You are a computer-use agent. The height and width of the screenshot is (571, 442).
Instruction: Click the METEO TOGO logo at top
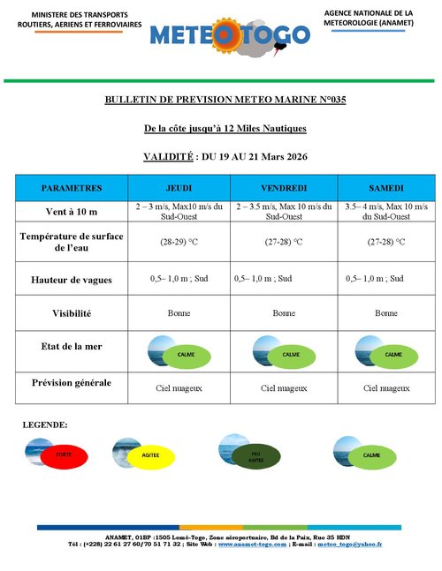[230, 34]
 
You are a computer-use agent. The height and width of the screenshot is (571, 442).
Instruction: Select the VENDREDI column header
[284, 189]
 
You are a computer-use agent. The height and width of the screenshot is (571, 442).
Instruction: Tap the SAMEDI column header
[386, 189]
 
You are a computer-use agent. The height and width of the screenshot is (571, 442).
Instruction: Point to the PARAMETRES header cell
[72, 189]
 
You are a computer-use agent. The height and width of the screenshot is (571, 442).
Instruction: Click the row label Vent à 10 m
[72, 212]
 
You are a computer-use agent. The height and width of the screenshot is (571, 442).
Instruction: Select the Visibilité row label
[72, 313]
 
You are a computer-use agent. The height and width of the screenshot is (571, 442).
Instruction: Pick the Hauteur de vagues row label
[72, 279]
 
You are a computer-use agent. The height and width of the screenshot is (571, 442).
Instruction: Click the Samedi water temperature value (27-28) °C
[386, 241]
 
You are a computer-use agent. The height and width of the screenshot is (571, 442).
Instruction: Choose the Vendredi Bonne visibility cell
[284, 313]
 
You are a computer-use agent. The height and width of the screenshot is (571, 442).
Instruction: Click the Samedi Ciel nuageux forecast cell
[386, 387]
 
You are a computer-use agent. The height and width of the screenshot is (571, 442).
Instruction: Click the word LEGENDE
[45, 425]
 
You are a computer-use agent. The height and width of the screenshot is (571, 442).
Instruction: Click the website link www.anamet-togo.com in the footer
[252, 545]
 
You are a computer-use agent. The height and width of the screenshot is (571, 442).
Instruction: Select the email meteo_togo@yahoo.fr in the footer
[350, 545]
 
